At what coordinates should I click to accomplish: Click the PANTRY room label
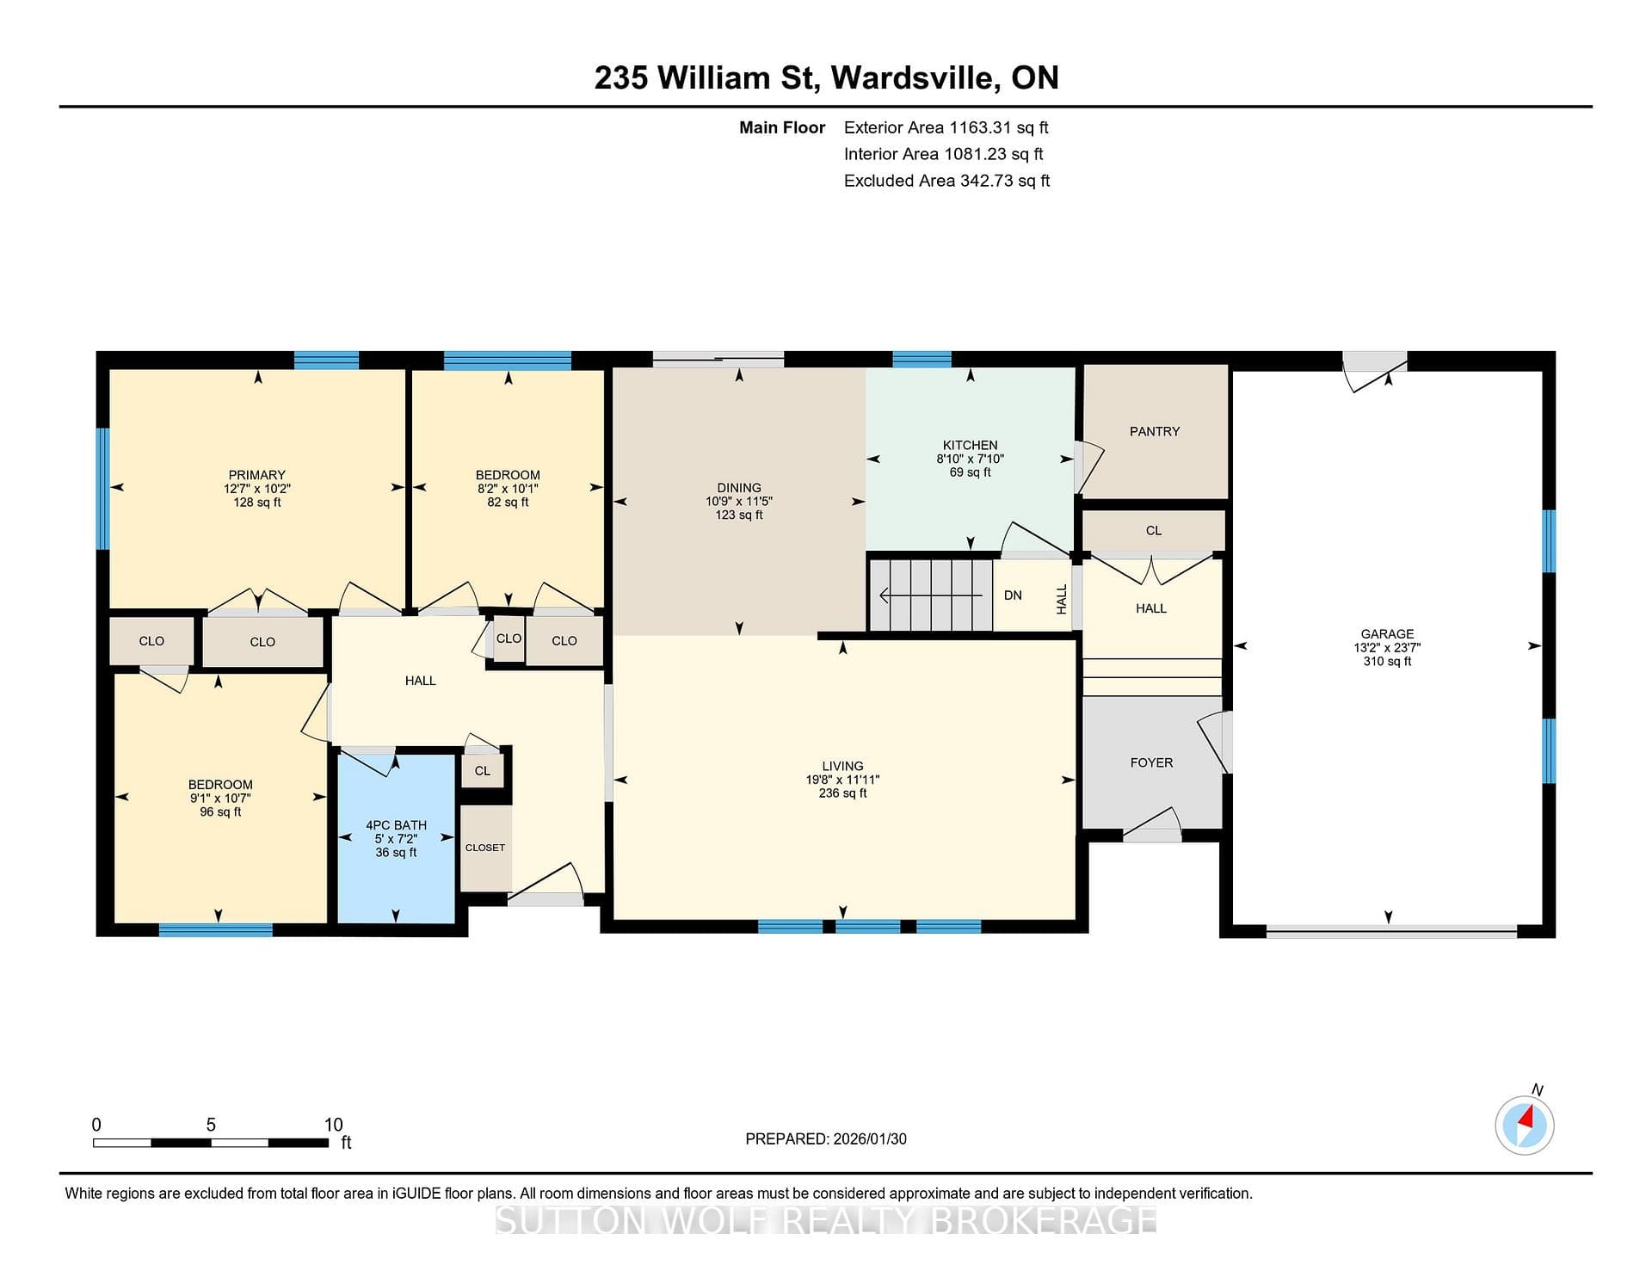(x=1154, y=431)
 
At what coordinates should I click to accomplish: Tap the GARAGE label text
(x=1387, y=634)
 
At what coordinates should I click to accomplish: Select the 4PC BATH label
(x=396, y=825)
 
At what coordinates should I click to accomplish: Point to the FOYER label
(x=1151, y=762)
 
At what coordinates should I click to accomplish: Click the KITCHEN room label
(x=970, y=445)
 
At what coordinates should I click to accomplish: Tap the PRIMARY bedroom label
(x=256, y=475)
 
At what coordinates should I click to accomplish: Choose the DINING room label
(x=739, y=487)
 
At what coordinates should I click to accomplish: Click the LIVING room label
(x=842, y=766)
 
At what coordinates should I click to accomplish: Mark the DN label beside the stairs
(x=1013, y=595)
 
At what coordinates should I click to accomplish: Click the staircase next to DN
(x=931, y=595)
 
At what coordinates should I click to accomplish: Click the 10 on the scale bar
(x=333, y=1125)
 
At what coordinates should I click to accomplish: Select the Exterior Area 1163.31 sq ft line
(x=946, y=127)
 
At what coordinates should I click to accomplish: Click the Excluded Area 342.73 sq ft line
(x=946, y=181)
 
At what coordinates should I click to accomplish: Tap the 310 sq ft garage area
(x=1387, y=661)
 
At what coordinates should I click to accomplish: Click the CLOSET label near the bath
(x=485, y=848)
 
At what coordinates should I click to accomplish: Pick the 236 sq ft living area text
(x=842, y=793)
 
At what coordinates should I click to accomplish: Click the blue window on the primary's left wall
(x=102, y=488)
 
